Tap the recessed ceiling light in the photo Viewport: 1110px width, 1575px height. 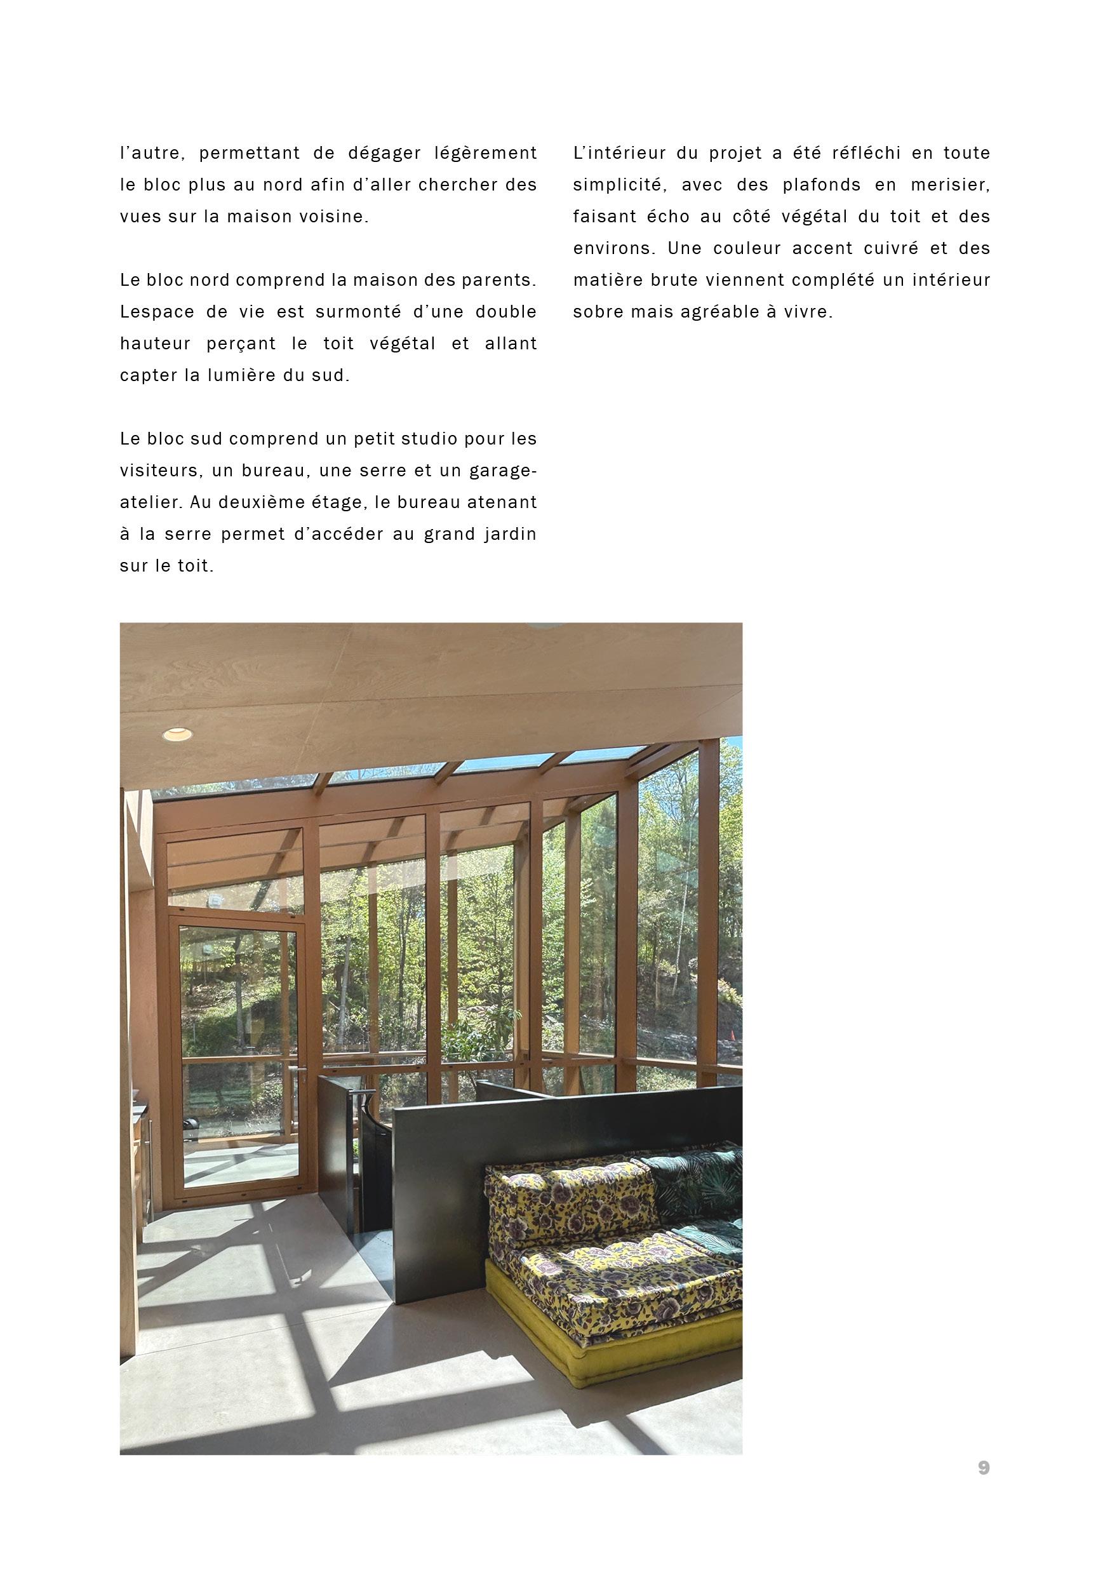pos(177,735)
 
